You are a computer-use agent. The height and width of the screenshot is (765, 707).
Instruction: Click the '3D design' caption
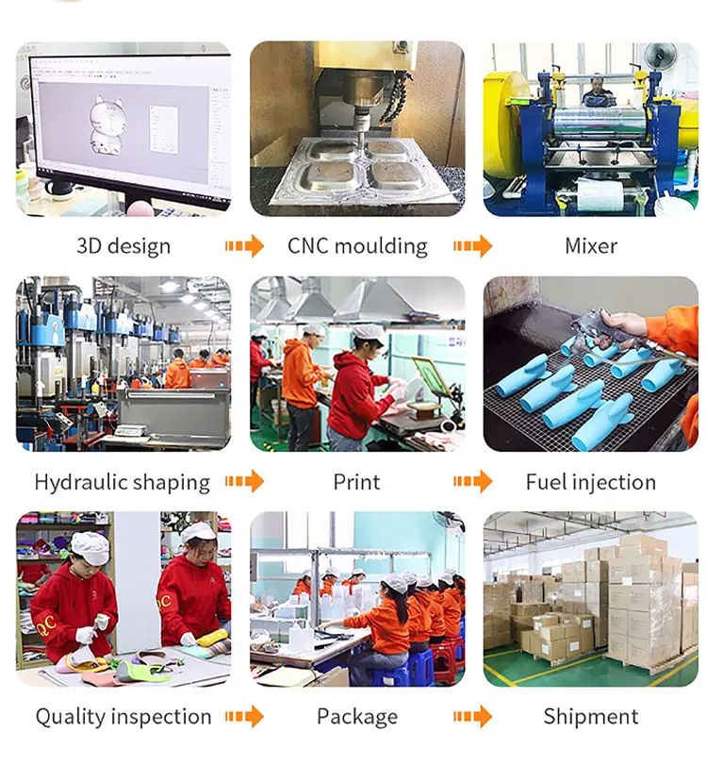coord(123,246)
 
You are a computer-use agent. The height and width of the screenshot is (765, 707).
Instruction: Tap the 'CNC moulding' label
coord(357,246)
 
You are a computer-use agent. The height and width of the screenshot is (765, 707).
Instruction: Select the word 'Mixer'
coord(591,246)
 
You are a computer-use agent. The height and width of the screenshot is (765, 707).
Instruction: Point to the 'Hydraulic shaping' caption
coord(123,482)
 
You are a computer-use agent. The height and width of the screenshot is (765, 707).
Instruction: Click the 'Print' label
coord(356,482)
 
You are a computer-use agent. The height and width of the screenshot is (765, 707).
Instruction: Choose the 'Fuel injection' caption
coord(591,482)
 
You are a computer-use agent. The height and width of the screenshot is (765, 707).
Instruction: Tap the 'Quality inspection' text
coord(123,717)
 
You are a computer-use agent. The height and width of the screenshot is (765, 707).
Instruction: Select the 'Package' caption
coord(357,717)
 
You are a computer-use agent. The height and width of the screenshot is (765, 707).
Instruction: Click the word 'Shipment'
coord(591,717)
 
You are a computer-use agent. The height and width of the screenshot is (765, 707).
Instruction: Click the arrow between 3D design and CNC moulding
coord(244,247)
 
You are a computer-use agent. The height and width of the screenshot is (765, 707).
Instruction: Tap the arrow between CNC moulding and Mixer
coord(472,247)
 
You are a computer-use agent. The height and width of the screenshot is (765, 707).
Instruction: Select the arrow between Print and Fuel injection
coord(472,482)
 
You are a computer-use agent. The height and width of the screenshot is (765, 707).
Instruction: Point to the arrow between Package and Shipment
coord(472,717)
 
